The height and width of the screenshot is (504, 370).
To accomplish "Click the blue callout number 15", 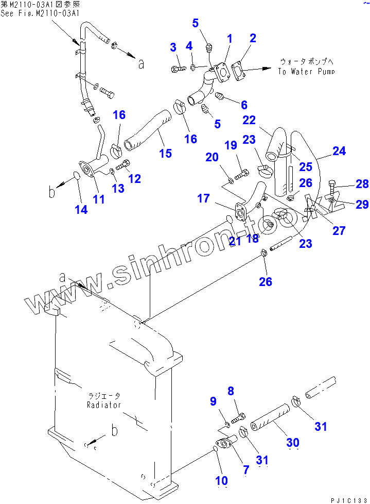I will (x=165, y=153).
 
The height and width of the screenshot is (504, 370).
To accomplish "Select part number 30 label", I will (x=292, y=442).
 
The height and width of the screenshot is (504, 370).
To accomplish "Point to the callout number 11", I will (x=98, y=199).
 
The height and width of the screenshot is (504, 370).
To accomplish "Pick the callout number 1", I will (x=230, y=38).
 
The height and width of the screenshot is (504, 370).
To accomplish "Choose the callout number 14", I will (x=81, y=209).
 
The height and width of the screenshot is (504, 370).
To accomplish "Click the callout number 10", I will (x=221, y=480).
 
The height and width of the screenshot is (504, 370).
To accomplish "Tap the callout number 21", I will (x=235, y=241).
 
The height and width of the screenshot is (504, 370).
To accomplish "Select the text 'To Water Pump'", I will (x=306, y=72).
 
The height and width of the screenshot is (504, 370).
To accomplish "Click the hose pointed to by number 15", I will (x=146, y=129).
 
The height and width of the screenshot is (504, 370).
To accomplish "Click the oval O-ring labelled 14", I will (x=76, y=177).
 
